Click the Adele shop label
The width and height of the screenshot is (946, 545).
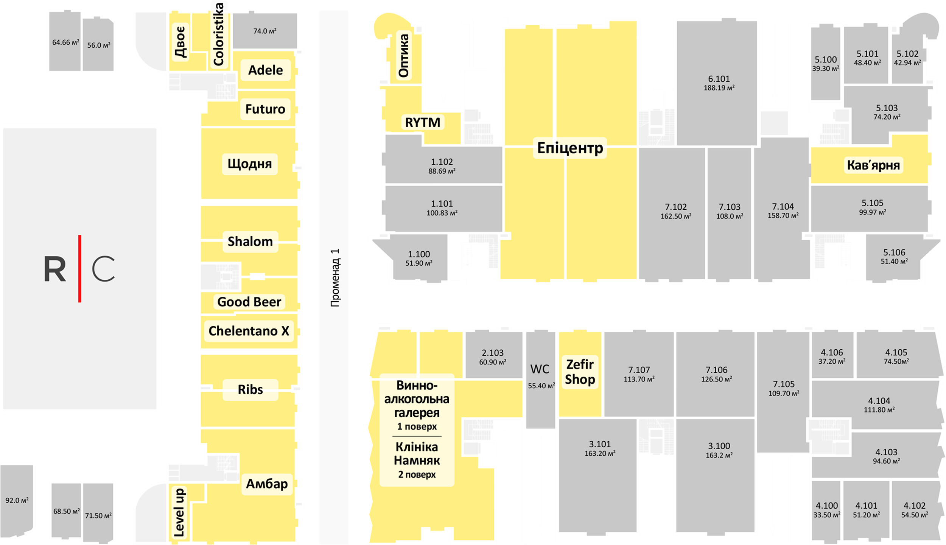[x=265, y=70]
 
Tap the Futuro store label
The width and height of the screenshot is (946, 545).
[x=265, y=109]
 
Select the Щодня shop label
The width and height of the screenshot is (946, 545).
[x=249, y=164]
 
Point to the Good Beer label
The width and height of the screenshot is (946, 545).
[x=249, y=302]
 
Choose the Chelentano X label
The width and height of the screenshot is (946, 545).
[x=249, y=331]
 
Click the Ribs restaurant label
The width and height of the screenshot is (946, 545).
[x=250, y=389]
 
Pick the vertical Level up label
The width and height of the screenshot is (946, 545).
[x=179, y=512]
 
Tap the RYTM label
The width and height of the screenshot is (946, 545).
[x=422, y=122]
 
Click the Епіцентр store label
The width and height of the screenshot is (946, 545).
[x=570, y=148]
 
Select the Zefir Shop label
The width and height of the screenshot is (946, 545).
[x=580, y=372]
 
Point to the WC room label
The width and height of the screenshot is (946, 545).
[x=540, y=369]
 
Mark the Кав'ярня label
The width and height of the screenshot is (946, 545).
[x=873, y=165]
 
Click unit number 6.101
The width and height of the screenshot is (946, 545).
[x=719, y=79]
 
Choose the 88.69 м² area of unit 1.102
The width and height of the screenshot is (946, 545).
[x=442, y=171]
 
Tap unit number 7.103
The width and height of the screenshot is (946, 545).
[x=730, y=207]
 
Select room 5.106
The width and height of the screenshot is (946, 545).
[x=894, y=252]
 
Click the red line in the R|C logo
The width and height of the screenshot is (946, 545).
[x=79, y=268]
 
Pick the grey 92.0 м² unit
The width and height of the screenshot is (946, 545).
[x=17, y=500]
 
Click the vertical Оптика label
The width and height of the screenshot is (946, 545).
[x=404, y=56]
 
